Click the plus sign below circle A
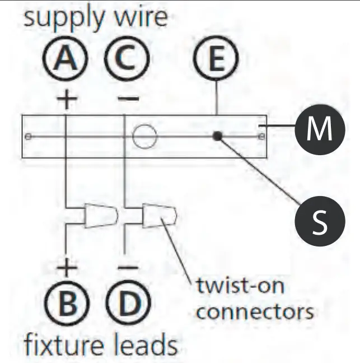[67, 99]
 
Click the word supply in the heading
[58, 18]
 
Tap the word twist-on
[240, 286]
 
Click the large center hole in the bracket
[144, 136]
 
